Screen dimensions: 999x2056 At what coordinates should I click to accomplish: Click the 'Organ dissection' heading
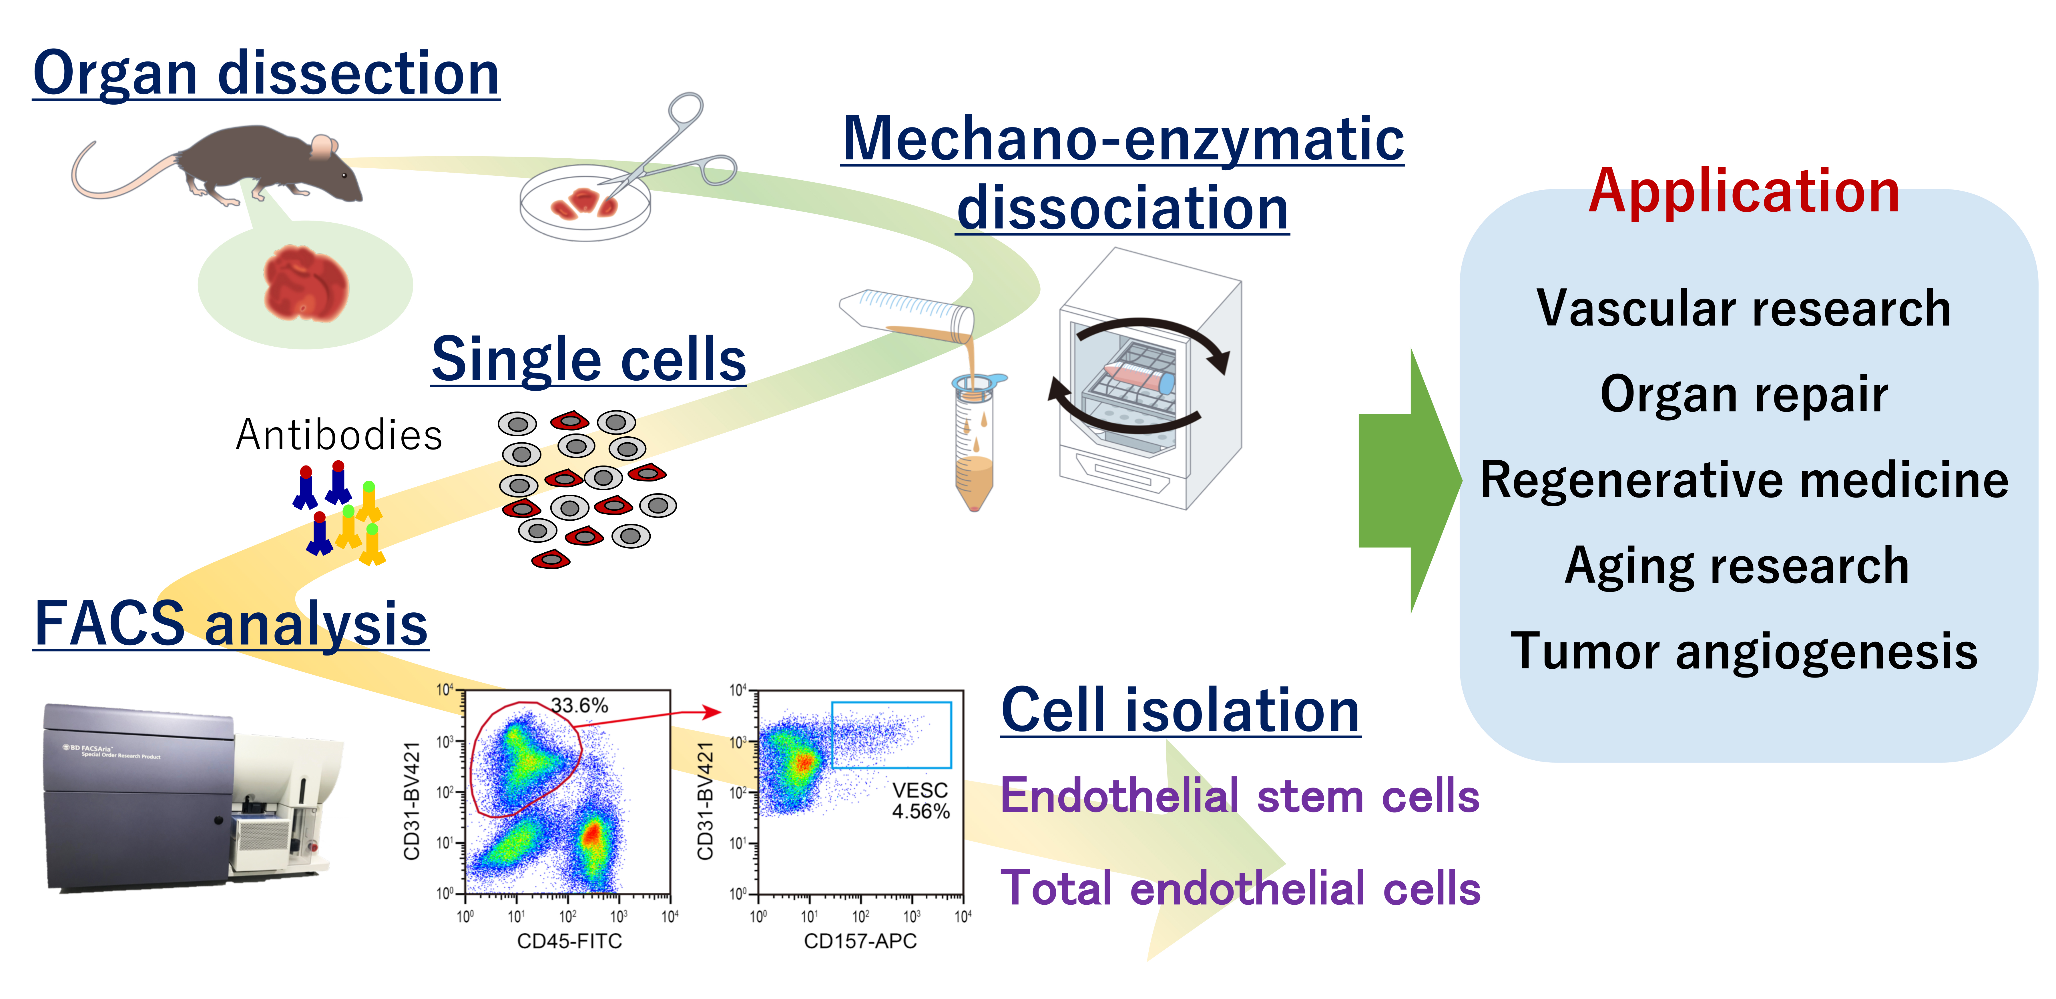[266, 73]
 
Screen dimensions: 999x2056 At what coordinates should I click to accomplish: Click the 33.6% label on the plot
[579, 705]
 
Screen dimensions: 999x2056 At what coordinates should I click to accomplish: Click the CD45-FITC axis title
[569, 942]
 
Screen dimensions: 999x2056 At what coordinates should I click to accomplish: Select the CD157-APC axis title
[860, 942]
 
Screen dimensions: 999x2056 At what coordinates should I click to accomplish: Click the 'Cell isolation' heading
[1180, 710]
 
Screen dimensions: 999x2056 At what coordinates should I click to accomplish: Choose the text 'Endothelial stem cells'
[1240, 796]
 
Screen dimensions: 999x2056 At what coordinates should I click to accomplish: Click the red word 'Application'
[1743, 191]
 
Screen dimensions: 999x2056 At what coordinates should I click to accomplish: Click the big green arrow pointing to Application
[1409, 480]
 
